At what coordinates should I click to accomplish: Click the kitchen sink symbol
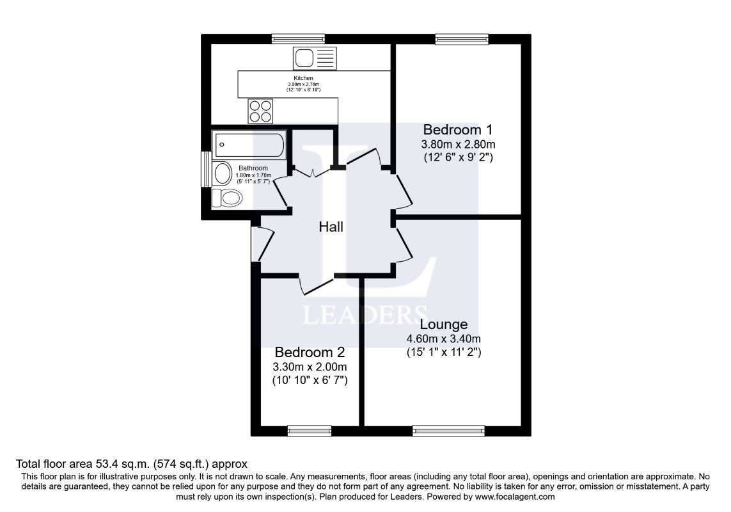pos(314,58)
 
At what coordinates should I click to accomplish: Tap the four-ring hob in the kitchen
pos(260,111)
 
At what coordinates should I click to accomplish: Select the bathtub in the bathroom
pos(249,145)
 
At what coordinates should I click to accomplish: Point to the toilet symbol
pos(227,198)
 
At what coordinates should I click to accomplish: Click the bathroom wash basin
pos(223,173)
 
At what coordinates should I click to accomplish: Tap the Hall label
pos(331,227)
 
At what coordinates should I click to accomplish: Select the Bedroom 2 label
pos(310,353)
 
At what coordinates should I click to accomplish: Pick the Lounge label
pos(444,324)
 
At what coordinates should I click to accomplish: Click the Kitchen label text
pos(303,78)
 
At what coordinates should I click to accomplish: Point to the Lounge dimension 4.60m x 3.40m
pos(444,339)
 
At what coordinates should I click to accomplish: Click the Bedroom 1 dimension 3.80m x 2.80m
pos(457,143)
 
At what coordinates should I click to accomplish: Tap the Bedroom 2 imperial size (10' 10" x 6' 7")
pos(310,380)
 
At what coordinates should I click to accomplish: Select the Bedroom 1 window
pos(462,39)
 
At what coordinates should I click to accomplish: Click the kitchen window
pos(297,39)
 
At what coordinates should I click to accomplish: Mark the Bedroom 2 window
pos(310,431)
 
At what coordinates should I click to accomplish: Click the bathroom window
pos(206,169)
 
